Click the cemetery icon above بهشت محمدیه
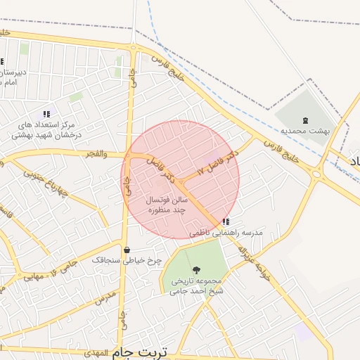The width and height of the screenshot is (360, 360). [x=304, y=120]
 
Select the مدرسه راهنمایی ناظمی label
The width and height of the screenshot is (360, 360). [x=225, y=232]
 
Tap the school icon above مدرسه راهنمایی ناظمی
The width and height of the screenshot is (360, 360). [x=225, y=222]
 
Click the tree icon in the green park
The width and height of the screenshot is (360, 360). [x=195, y=270]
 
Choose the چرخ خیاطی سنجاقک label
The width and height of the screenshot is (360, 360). [x=127, y=260]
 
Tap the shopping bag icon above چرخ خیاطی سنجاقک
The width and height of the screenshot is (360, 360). [x=127, y=250]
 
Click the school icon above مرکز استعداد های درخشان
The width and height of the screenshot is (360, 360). [x=46, y=113]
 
